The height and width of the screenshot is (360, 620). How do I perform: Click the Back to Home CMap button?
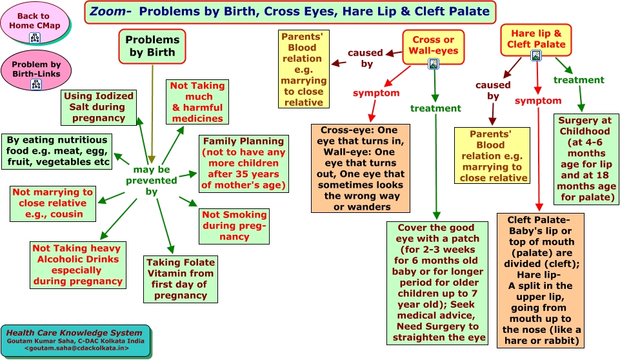[35, 23]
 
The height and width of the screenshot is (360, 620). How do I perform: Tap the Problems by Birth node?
[152, 46]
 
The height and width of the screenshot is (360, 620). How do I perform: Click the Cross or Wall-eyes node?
[434, 46]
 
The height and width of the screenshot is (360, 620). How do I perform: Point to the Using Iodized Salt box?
[99, 108]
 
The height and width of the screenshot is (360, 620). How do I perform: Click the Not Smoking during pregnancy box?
[234, 226]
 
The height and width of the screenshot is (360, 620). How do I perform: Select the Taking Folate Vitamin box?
[181, 279]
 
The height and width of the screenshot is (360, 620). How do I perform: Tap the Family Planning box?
[244, 164]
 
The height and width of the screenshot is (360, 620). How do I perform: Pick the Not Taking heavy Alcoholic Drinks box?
[78, 265]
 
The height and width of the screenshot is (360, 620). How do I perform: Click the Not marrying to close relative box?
[53, 204]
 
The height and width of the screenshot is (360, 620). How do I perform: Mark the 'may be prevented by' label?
[152, 181]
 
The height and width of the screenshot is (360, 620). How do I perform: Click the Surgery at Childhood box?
[586, 159]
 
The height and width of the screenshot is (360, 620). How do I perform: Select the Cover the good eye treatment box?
[437, 283]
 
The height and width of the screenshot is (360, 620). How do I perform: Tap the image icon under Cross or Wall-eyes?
[434, 64]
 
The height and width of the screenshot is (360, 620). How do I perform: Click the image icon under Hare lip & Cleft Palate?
[536, 55]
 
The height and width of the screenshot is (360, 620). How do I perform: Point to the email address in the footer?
[77, 348]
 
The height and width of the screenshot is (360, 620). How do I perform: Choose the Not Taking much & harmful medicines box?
[197, 102]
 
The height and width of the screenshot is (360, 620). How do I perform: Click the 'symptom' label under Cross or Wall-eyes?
[376, 94]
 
